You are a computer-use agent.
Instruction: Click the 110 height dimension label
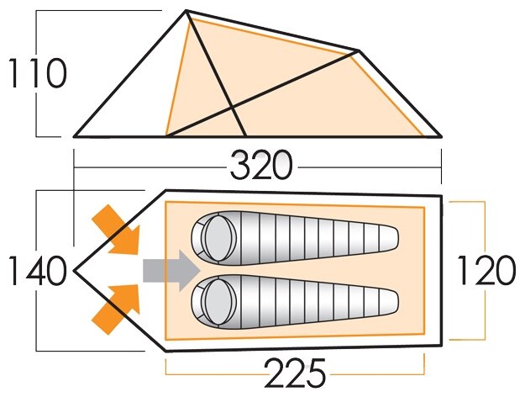point(36,75)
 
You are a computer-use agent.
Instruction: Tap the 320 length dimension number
point(261,167)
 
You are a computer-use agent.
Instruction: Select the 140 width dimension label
point(36,272)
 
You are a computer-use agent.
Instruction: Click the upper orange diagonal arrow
point(117,229)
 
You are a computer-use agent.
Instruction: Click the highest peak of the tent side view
point(186,12)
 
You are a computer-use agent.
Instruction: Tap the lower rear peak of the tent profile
point(359,51)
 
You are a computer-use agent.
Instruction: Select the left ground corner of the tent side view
point(76,135)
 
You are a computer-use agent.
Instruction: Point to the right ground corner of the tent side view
point(440,135)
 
